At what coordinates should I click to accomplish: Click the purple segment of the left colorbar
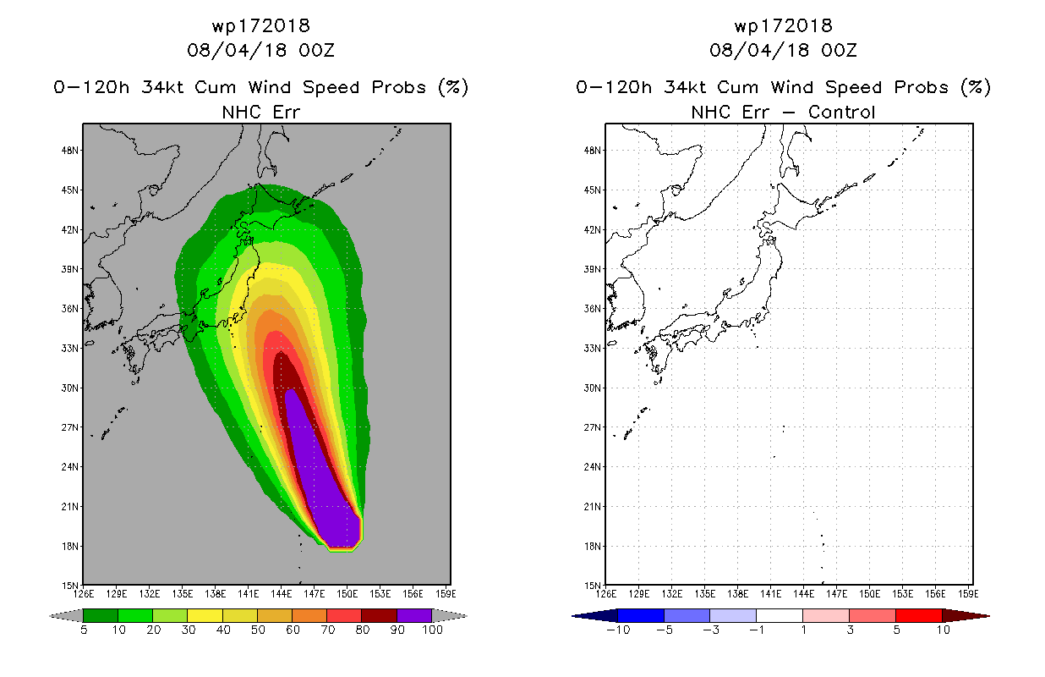pyautogui.click(x=414, y=615)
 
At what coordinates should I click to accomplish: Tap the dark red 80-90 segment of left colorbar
pyautogui.click(x=380, y=615)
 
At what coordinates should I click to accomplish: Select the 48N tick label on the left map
pyautogui.click(x=70, y=151)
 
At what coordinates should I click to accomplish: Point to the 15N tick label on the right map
pyautogui.click(x=593, y=585)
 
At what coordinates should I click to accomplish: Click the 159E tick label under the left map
pyautogui.click(x=446, y=594)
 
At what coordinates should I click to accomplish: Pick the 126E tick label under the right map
pyautogui.click(x=606, y=594)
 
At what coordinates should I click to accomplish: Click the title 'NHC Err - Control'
pyautogui.click(x=783, y=112)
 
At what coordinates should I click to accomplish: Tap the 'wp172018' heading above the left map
pyautogui.click(x=261, y=25)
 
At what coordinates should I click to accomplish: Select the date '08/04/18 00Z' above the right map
pyautogui.click(x=783, y=50)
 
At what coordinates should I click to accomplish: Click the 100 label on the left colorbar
pyautogui.click(x=432, y=630)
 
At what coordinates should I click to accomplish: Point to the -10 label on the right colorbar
pyautogui.click(x=618, y=630)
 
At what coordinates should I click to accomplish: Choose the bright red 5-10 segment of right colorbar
pyautogui.click(x=919, y=615)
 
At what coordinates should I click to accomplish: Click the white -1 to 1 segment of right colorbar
pyautogui.click(x=780, y=615)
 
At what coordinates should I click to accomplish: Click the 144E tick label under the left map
pyautogui.click(x=281, y=594)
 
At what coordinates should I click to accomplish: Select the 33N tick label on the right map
pyautogui.click(x=593, y=349)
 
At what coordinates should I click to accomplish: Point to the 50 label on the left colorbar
pyautogui.click(x=258, y=630)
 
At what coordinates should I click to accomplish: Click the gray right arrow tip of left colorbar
pyautogui.click(x=466, y=616)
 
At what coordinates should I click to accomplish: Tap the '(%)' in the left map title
pyautogui.click(x=453, y=87)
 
